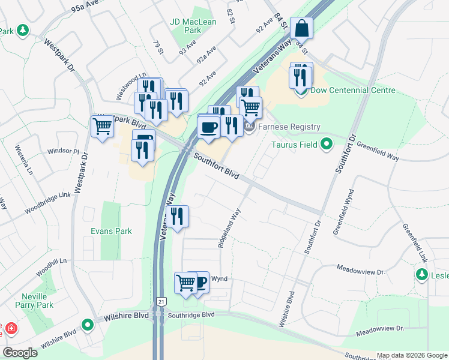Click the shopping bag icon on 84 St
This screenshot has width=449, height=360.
pyautogui.click(x=301, y=28)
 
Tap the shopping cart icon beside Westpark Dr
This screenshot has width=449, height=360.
pyautogui.click(x=103, y=127)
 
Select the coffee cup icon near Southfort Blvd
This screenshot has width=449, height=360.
pyautogui.click(x=208, y=127)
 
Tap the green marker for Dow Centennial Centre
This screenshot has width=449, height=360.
pyautogui.click(x=301, y=91)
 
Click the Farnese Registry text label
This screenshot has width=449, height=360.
pyautogui.click(x=289, y=127)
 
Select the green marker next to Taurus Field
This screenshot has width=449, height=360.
pyautogui.click(x=327, y=144)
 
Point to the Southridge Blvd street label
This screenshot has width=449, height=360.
pyautogui.click(x=191, y=314)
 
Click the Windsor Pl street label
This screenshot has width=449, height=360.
pyautogui.click(x=63, y=151)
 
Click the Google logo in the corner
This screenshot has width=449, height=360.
pyautogui.click(x=20, y=353)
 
